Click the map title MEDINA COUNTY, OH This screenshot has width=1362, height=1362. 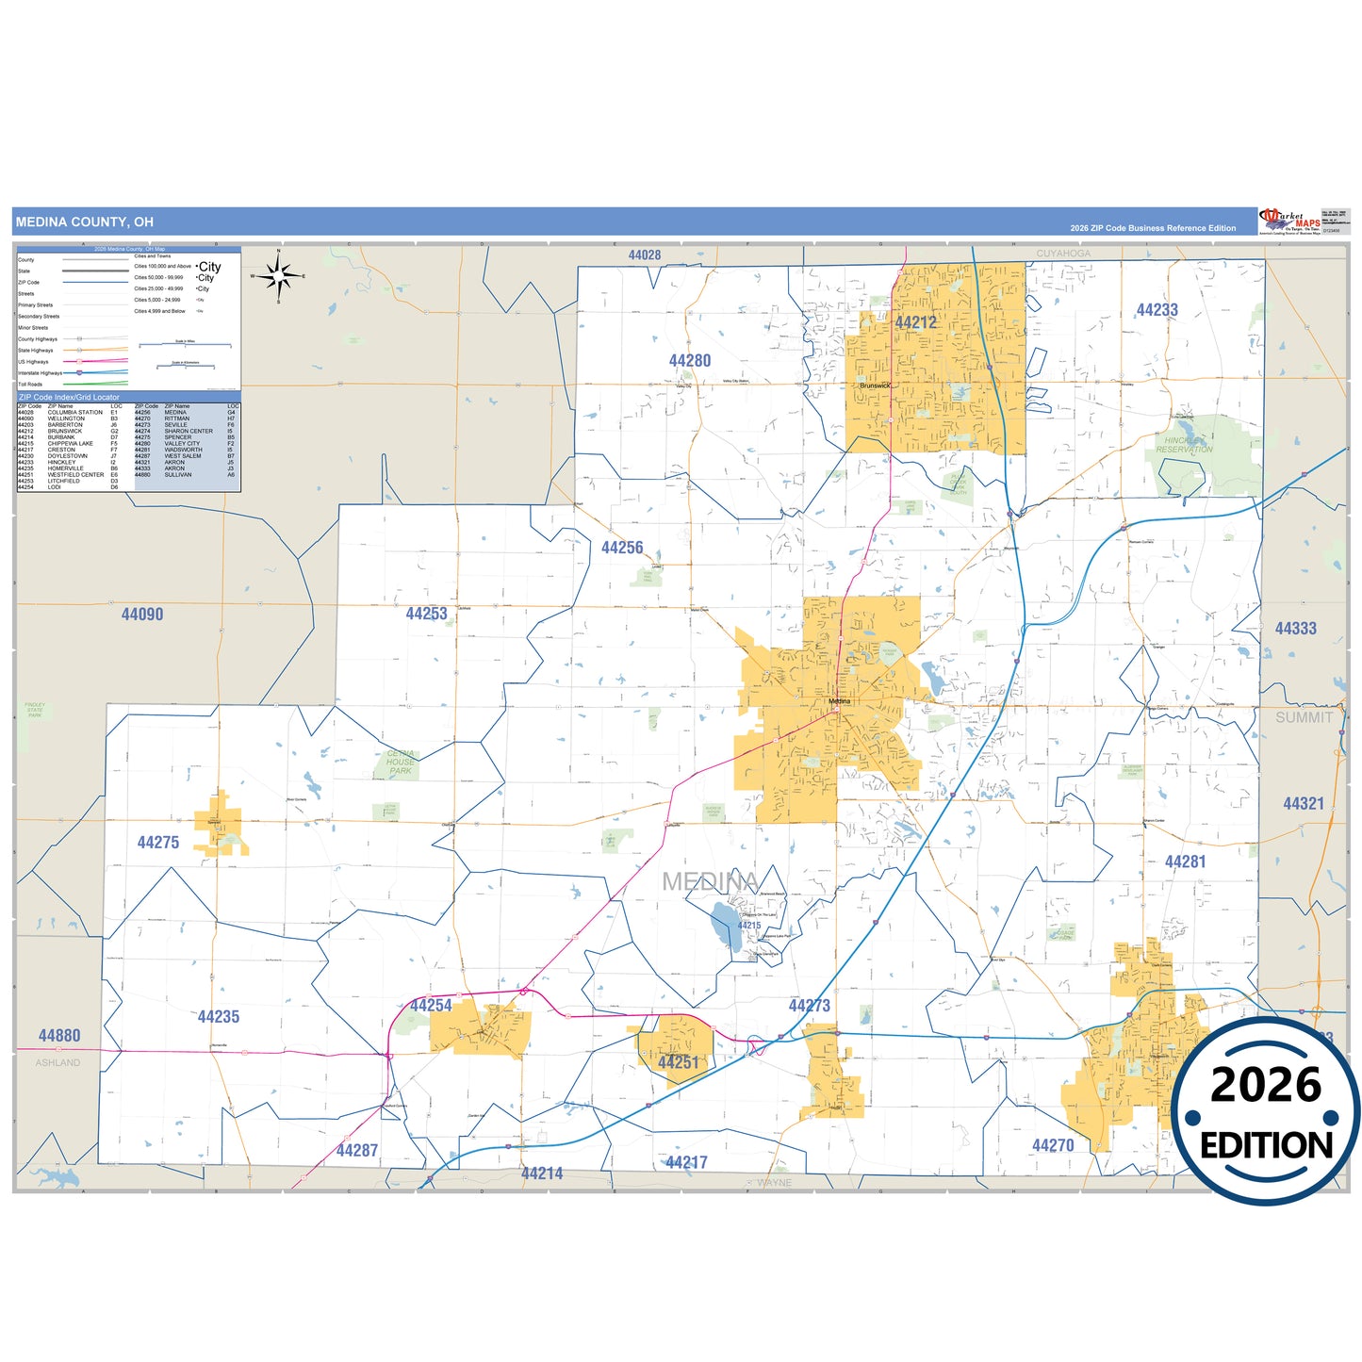click(x=84, y=222)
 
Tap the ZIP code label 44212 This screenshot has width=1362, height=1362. click(x=915, y=323)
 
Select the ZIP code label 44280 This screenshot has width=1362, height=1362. click(x=690, y=361)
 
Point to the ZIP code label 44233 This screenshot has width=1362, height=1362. click(x=1157, y=310)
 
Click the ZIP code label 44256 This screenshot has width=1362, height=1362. click(x=622, y=548)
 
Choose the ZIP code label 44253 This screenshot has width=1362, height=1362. click(x=426, y=614)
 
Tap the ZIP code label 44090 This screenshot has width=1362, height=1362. click(x=142, y=615)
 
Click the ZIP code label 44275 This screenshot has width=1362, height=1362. click(x=158, y=843)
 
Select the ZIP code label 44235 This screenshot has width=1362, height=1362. click(x=219, y=1017)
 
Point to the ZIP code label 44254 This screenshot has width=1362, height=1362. click(x=431, y=1006)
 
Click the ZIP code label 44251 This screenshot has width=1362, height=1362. click(x=679, y=1063)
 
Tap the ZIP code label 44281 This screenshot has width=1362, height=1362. click(x=1185, y=862)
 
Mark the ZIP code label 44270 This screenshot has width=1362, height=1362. click(x=1053, y=1146)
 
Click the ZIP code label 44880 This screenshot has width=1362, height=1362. click(x=59, y=1036)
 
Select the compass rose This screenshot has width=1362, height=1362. click(x=278, y=276)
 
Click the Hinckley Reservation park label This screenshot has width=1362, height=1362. click(x=1184, y=445)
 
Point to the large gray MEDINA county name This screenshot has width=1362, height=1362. click(x=710, y=882)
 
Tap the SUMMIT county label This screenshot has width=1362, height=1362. click(x=1304, y=717)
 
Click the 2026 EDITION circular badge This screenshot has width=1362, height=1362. click(x=1265, y=1113)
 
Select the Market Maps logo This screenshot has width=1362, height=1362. click(x=1290, y=222)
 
